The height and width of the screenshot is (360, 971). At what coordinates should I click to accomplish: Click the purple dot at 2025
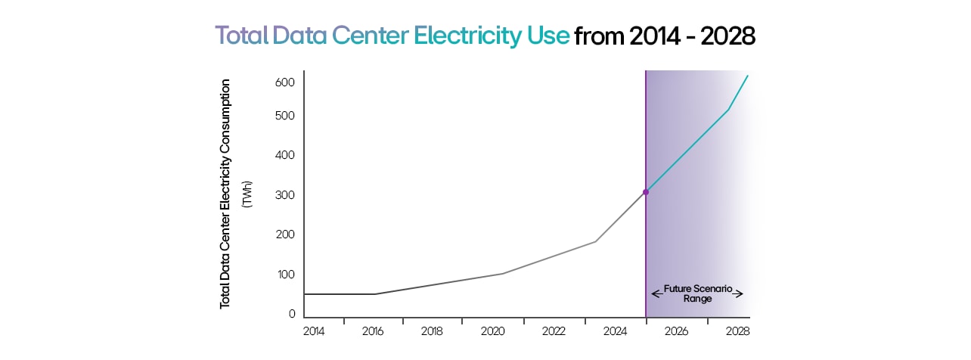646,192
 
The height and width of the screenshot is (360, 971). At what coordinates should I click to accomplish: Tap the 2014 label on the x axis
313,332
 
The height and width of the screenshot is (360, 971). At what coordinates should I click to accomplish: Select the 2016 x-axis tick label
374,332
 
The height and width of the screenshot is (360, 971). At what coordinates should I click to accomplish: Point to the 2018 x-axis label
432,332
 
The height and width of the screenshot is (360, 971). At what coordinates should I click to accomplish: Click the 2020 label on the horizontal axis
492,332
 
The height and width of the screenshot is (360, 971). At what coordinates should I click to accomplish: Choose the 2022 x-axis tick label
554,332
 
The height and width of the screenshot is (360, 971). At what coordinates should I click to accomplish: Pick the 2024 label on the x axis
615,332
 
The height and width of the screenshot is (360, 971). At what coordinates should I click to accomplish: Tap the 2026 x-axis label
675,332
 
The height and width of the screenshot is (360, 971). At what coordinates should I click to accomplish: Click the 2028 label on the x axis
737,332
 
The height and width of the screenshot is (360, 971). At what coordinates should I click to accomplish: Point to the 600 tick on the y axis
284,82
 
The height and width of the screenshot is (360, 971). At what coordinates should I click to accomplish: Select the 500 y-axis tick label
284,116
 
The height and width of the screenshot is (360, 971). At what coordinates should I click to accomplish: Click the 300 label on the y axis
284,195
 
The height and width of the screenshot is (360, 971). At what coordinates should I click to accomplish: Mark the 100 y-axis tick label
284,274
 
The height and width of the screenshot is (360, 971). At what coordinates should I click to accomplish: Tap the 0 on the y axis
292,314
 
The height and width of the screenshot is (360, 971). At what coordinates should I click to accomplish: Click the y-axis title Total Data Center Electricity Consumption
225,194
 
